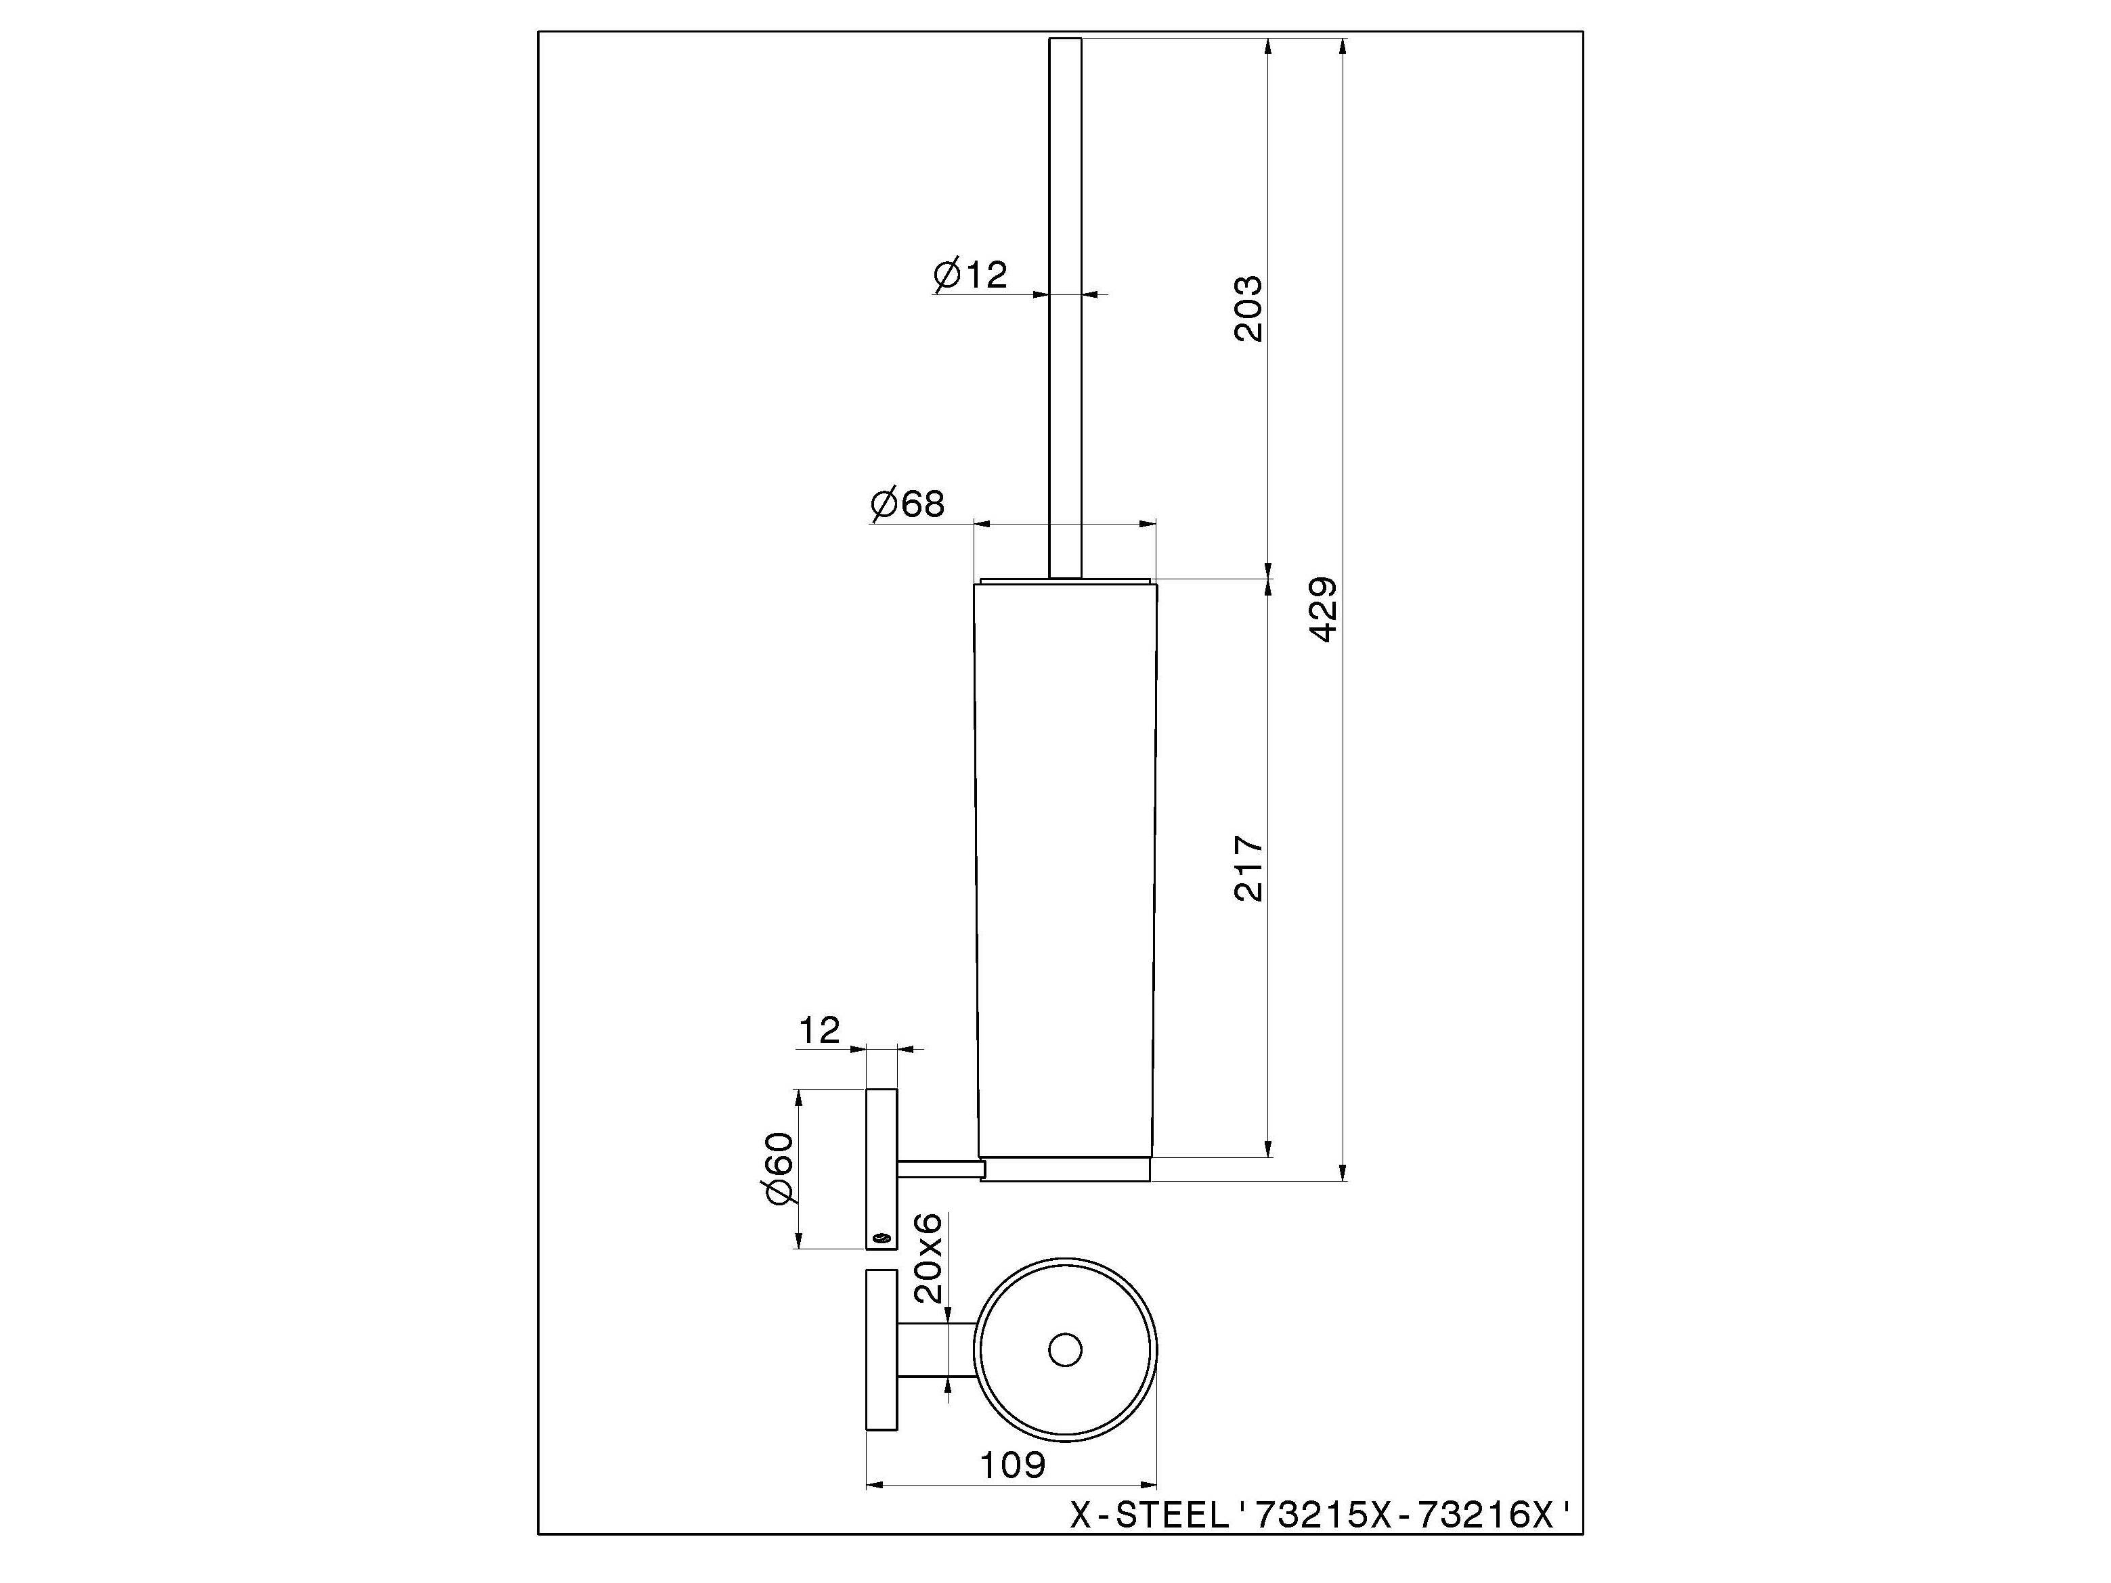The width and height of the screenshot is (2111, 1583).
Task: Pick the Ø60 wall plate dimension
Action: (780, 1169)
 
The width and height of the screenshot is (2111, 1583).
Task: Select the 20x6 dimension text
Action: (928, 1257)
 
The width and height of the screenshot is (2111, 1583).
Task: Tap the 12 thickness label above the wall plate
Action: (819, 1031)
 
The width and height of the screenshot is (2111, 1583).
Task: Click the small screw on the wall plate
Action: (881, 1239)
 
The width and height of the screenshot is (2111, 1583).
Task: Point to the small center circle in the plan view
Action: (1064, 1350)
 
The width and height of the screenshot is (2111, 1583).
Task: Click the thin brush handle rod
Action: (1065, 305)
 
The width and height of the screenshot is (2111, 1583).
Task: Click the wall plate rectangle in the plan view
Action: (881, 1350)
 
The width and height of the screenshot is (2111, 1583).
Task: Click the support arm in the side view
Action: (939, 1168)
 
